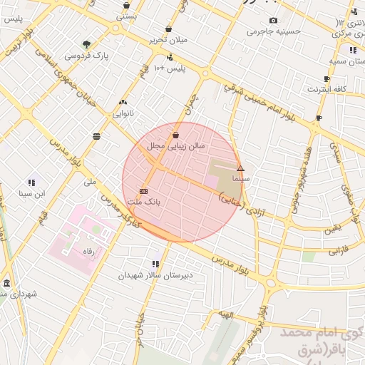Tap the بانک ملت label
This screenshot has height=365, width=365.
(143, 202)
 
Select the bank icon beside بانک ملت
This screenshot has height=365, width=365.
(144, 191)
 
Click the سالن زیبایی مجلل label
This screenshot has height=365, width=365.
(176, 145)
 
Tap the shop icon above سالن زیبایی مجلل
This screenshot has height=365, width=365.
(176, 134)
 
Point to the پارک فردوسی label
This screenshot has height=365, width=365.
(86, 55)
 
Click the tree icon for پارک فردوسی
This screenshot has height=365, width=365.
(86, 43)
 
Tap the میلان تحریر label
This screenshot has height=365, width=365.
(169, 40)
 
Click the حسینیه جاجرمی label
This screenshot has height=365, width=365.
(273, 31)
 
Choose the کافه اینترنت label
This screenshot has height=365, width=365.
(327, 89)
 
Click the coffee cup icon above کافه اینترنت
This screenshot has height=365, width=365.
(327, 78)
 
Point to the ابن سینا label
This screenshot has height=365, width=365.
(32, 193)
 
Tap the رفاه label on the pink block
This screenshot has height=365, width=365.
(88, 252)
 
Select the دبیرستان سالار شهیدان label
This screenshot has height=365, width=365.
(155, 274)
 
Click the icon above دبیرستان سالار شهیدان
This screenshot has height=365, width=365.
(155, 264)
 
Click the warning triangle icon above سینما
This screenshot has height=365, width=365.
(240, 169)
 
